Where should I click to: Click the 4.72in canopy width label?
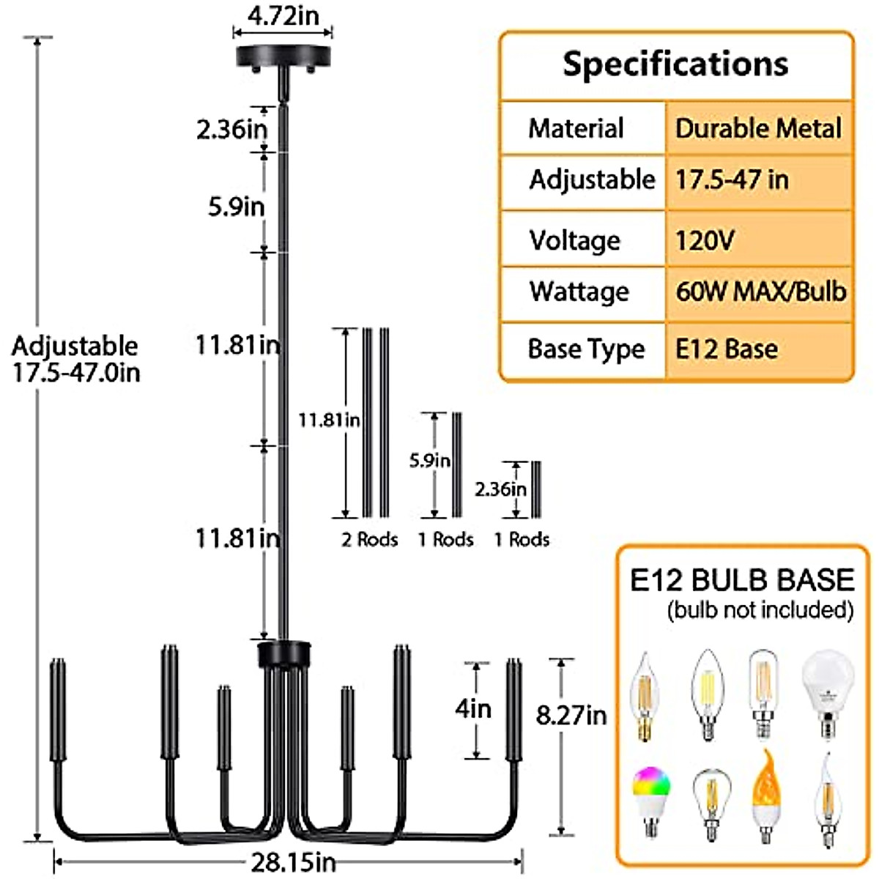point(283,16)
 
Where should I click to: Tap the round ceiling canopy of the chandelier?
point(283,57)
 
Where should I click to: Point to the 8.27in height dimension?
point(571,715)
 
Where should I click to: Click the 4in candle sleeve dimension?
point(473,709)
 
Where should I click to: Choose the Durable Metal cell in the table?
point(758,128)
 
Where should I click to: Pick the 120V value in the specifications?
point(705,240)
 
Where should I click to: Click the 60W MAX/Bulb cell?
point(760,292)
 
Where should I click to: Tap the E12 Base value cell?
point(726,349)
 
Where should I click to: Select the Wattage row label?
point(579,292)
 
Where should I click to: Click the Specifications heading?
point(675,64)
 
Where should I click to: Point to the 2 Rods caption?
point(370,540)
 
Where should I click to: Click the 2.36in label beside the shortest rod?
point(500,489)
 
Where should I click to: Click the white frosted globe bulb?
point(828,692)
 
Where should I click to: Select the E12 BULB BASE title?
point(742,579)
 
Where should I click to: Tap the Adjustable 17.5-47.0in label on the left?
point(75,359)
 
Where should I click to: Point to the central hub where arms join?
point(283,653)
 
